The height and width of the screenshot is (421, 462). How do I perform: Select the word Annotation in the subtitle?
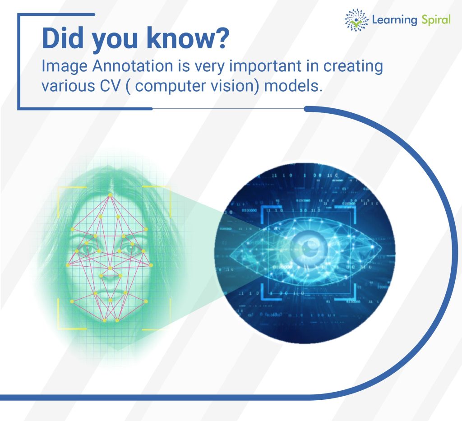click(x=133, y=66)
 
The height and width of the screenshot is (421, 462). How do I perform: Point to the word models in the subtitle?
click(x=292, y=86)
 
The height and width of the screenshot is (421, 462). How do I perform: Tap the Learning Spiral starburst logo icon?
click(x=356, y=20)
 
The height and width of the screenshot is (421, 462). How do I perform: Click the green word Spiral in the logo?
click(x=436, y=20)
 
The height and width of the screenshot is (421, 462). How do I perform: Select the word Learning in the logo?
click(x=394, y=20)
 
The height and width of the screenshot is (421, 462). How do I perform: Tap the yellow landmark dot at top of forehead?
click(x=110, y=195)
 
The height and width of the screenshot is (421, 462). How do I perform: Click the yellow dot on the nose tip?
click(x=110, y=268)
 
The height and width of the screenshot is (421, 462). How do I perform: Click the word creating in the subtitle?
click(x=353, y=67)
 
